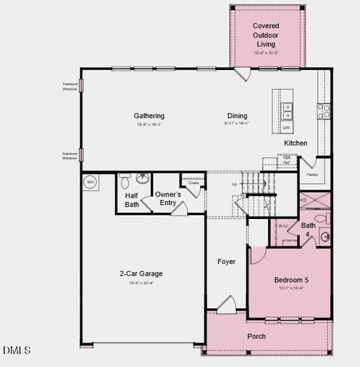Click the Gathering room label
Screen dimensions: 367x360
coord(149,116)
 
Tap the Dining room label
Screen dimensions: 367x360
coord(237,116)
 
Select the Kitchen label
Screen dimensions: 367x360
coord(295,143)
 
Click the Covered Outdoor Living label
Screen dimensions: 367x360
coord(266,35)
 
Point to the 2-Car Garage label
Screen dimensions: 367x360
coord(141,274)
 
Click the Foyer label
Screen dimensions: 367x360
coord(227,262)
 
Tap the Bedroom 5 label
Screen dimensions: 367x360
coord(291,280)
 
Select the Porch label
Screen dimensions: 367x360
coord(257,336)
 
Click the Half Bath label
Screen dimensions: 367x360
coord(132,200)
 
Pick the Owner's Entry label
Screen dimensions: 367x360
coord(167,198)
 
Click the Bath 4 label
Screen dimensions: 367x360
coord(308,229)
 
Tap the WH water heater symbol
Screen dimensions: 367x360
coord(90,182)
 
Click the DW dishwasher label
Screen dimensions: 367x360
coord(286,127)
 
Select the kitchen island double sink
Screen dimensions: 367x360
coord(287,111)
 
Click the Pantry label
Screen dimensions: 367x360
coord(312,174)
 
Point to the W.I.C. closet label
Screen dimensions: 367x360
coord(283,226)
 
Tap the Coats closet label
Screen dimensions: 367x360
coord(193,183)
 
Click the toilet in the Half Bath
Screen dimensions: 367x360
coord(125,180)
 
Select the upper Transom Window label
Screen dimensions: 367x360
coord(69,86)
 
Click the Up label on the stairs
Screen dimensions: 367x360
coord(234,184)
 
